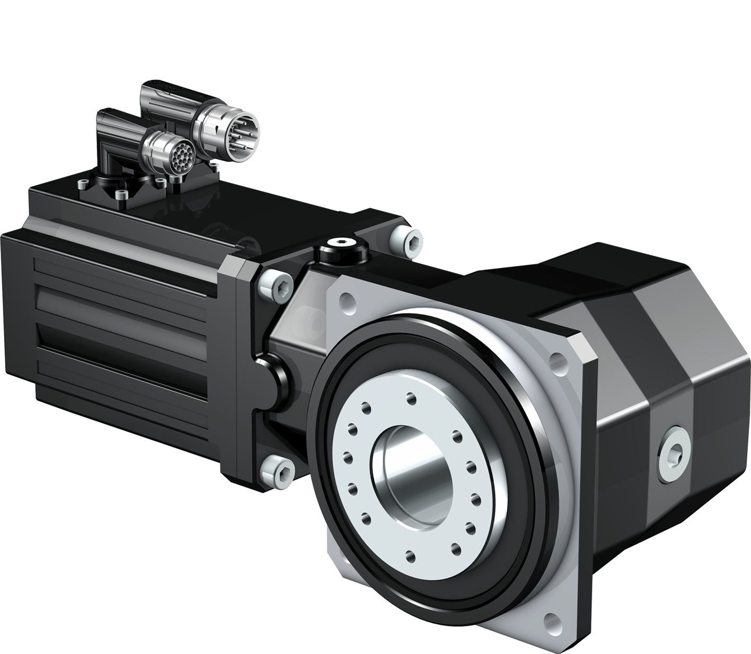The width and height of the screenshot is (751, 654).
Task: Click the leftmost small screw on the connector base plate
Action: tap(82, 184)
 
